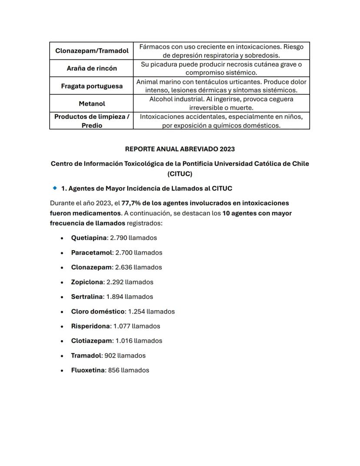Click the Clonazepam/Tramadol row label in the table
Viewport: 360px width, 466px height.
(92, 51)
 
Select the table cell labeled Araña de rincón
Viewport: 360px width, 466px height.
(92, 68)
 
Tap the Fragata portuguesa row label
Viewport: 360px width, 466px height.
(92, 86)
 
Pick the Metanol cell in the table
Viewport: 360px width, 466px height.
(92, 104)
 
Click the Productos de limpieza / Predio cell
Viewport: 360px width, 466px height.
(92, 121)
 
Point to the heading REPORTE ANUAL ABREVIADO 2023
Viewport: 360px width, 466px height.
(180, 149)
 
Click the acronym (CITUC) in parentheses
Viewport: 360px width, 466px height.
(180, 174)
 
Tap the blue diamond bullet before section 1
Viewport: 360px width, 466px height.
(55, 188)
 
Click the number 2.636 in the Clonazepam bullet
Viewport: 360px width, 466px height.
(123, 268)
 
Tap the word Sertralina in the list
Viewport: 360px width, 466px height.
(87, 297)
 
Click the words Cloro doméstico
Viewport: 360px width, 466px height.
(98, 312)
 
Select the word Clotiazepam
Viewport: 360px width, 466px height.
(91, 341)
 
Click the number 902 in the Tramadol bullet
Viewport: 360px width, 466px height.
(110, 355)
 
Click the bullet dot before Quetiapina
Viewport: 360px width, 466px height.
(62, 238)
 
